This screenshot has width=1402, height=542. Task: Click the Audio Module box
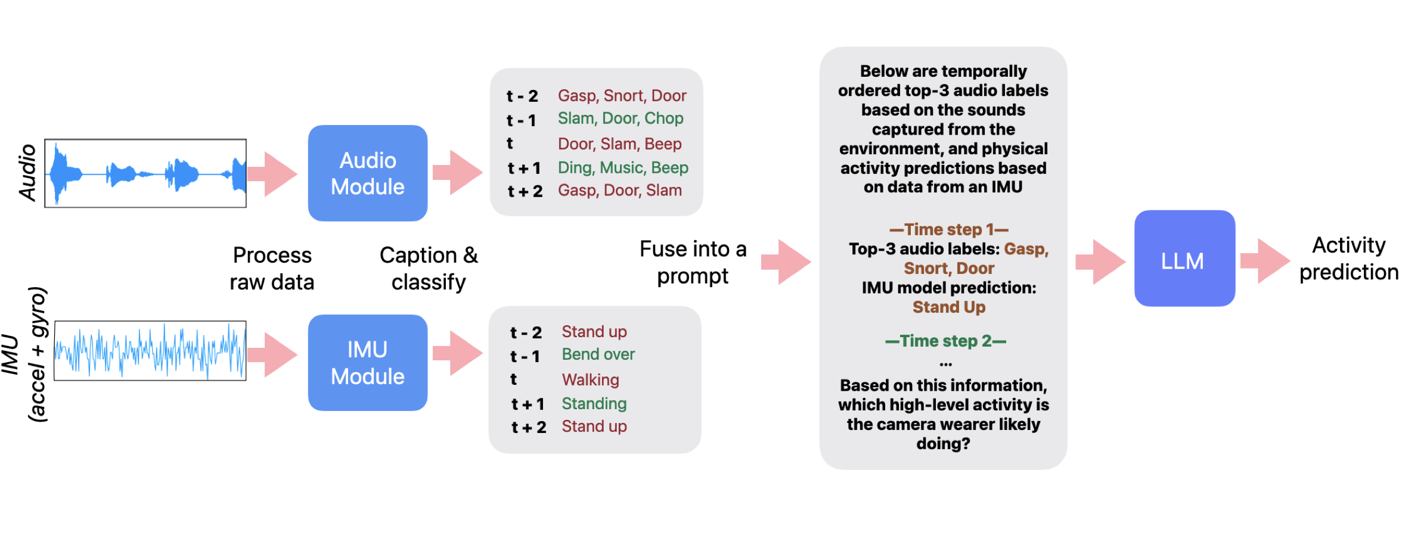coord(367,173)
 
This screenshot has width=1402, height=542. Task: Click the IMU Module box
coord(367,363)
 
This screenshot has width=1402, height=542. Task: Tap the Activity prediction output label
coord(1348,258)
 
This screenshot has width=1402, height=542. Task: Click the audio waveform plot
coord(145,173)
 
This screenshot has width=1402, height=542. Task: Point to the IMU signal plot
coord(150,351)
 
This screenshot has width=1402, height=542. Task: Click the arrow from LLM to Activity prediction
coord(1264,260)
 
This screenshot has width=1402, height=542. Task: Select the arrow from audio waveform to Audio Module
coord(272,174)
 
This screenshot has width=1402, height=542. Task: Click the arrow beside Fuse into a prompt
coord(785,261)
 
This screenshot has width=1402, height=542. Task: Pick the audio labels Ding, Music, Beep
coord(622,168)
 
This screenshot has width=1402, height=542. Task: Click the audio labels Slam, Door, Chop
coord(620,119)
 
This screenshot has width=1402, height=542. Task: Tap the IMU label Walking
coord(590,379)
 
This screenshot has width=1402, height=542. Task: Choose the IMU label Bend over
coord(598,354)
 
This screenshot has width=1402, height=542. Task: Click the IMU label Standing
coord(594,404)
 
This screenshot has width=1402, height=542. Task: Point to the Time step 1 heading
coord(948,229)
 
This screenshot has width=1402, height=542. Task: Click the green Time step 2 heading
coord(945,341)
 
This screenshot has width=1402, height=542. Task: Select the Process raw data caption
coord(272,269)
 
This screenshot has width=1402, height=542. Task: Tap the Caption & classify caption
coord(429,269)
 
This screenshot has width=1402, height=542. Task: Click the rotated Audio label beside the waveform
coord(27,173)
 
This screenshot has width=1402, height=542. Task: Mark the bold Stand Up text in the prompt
coord(948,307)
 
